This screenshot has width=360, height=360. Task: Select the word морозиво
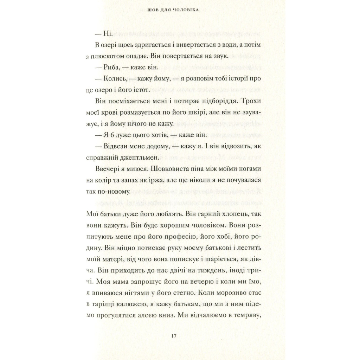coord(230,294)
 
